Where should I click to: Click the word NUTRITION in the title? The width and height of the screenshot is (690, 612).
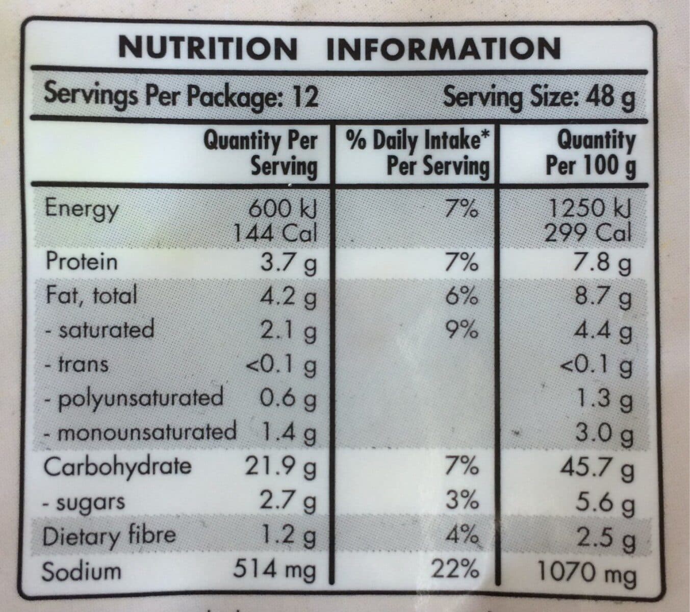tap(208, 49)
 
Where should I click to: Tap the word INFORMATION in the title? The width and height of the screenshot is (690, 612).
tap(444, 48)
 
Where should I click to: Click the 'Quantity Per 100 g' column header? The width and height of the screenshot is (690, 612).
tap(591, 154)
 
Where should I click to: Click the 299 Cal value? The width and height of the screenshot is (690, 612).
tap(587, 233)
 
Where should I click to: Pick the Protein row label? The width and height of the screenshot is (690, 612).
tap(82, 262)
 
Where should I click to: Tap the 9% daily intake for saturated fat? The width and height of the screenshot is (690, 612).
tap(462, 329)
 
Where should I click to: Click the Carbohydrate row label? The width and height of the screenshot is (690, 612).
tap(117, 467)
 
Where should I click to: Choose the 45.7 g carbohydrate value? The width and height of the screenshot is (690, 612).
tap(597, 469)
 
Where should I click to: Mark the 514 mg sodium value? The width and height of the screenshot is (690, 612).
tap(274, 570)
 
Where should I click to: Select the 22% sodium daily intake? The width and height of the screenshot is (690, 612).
tap(455, 569)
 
